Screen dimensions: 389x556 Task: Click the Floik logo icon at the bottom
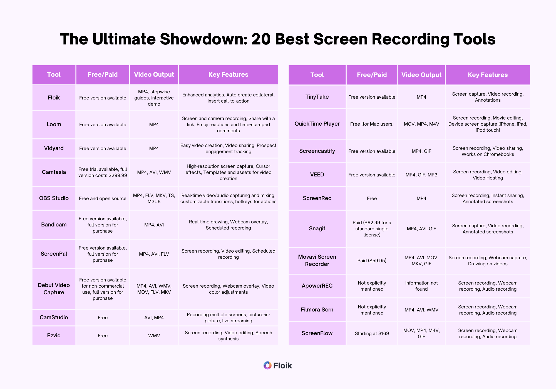(267, 365)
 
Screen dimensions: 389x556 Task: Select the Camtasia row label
(54, 172)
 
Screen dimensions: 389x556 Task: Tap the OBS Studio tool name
(54, 198)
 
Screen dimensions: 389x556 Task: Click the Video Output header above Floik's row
(154, 75)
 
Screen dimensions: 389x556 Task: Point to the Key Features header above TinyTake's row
(488, 75)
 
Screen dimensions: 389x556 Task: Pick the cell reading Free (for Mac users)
(372, 124)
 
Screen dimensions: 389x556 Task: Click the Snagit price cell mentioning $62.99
(372, 229)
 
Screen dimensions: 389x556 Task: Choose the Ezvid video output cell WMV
(154, 336)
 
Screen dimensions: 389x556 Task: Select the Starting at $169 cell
(372, 333)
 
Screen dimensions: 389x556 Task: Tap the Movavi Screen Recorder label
(317, 260)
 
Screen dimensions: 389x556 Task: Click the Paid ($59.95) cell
(372, 261)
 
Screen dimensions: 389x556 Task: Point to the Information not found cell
(421, 286)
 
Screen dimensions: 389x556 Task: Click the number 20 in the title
(261, 39)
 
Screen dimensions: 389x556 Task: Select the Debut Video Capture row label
(54, 289)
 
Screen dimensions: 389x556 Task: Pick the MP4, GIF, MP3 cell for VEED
(421, 175)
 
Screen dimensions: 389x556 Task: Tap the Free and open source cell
(103, 198)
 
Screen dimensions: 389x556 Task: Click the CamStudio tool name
(54, 318)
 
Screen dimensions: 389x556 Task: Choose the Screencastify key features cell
(488, 151)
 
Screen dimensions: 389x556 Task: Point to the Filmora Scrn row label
(317, 310)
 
